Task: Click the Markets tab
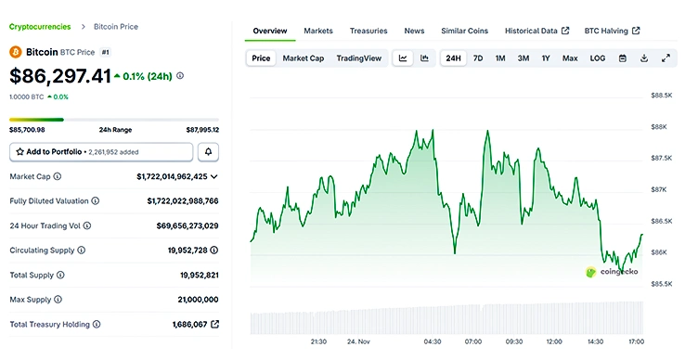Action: tap(318, 31)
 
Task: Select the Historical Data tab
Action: tap(536, 31)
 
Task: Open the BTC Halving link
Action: tap(612, 31)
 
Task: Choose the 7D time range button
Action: tap(478, 58)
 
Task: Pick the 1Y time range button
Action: tap(546, 58)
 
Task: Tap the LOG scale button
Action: tap(598, 58)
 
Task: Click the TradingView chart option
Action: tap(358, 58)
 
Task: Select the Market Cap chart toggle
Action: tap(304, 58)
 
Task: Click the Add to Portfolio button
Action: tap(101, 151)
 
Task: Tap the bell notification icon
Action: tap(209, 151)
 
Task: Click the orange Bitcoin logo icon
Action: tap(16, 53)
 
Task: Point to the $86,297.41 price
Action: tap(60, 75)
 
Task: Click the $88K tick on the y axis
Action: tap(660, 126)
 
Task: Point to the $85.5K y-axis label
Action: tap(661, 284)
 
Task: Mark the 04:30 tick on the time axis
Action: tap(433, 341)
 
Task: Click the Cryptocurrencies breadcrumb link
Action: tap(40, 27)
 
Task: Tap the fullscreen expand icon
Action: tap(666, 58)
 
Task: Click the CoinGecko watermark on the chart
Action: tap(613, 272)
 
